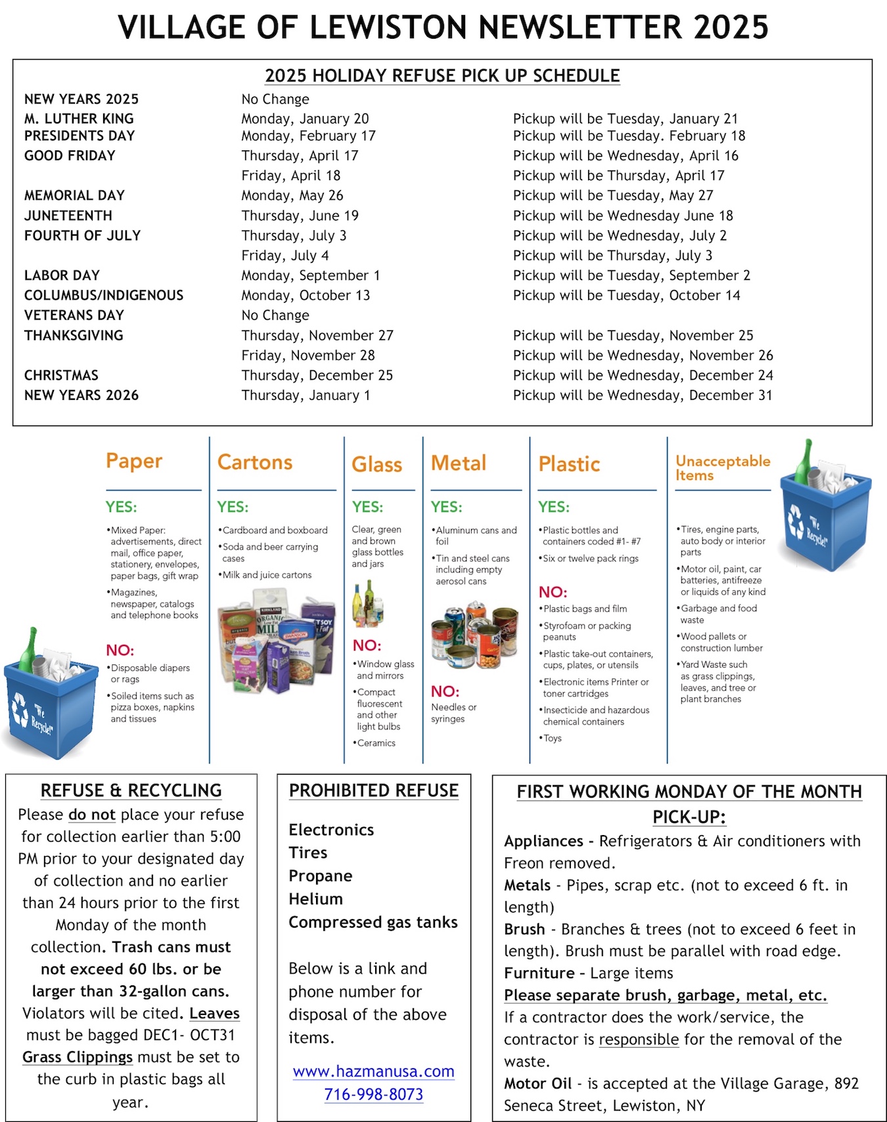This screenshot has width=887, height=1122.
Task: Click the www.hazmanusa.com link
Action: click(x=373, y=1071)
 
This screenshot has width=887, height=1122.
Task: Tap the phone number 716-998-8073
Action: click(x=373, y=1094)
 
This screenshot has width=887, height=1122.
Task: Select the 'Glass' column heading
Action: click(x=376, y=465)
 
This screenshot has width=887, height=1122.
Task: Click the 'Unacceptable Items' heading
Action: click(x=722, y=468)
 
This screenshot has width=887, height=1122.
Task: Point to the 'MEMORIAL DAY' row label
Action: click(x=74, y=196)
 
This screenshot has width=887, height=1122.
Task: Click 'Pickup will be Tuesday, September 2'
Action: click(x=631, y=276)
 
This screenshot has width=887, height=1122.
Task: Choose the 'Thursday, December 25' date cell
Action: click(x=317, y=376)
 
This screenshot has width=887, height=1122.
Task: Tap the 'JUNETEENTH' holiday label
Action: click(x=68, y=216)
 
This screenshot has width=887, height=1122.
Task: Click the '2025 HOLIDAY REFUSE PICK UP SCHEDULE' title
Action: click(x=442, y=76)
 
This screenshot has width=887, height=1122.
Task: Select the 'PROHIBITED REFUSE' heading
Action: click(x=373, y=790)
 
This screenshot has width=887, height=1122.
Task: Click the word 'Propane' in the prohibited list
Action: click(x=321, y=876)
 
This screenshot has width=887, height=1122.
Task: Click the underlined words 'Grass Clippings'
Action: click(x=78, y=1057)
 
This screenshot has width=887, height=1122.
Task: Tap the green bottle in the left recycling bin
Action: click(x=28, y=650)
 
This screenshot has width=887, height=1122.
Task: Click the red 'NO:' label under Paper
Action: click(x=120, y=651)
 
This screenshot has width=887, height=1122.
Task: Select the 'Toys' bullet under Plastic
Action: click(x=552, y=738)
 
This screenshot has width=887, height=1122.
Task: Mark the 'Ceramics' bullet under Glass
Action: click(x=376, y=743)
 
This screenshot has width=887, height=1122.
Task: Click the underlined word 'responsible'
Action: click(x=639, y=1039)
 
